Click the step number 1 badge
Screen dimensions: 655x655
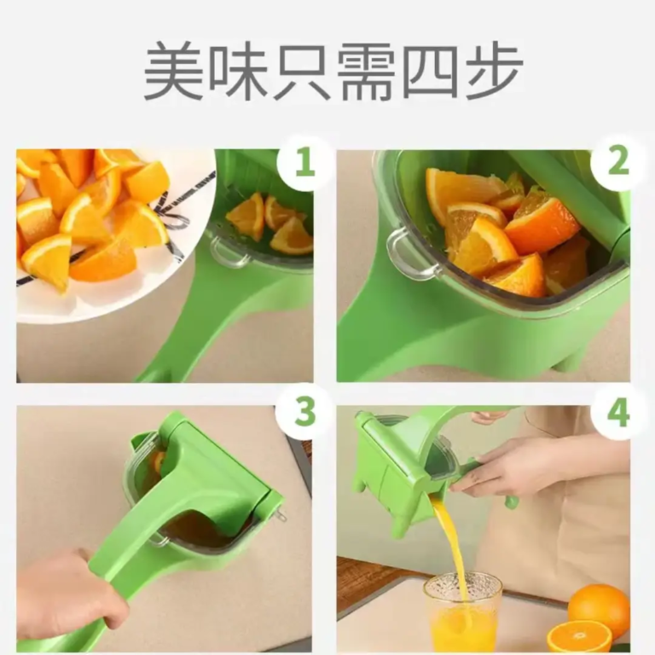304,162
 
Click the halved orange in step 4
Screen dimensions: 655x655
578,636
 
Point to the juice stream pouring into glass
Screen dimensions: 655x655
451,542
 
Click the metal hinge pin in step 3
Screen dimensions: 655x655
279,514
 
